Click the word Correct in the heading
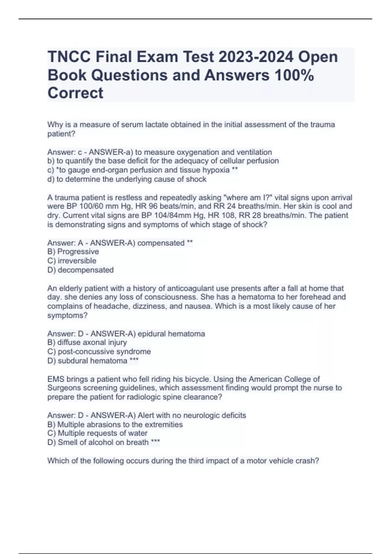[x=75, y=93]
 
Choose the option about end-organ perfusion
[x=142, y=170]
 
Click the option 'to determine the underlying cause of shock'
[x=127, y=179]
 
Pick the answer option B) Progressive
[x=73, y=252]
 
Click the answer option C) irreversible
[x=72, y=261]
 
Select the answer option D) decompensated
[x=80, y=270]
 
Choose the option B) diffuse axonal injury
[x=87, y=343]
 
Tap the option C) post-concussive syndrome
[x=99, y=352]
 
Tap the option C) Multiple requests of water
[x=97, y=433]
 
